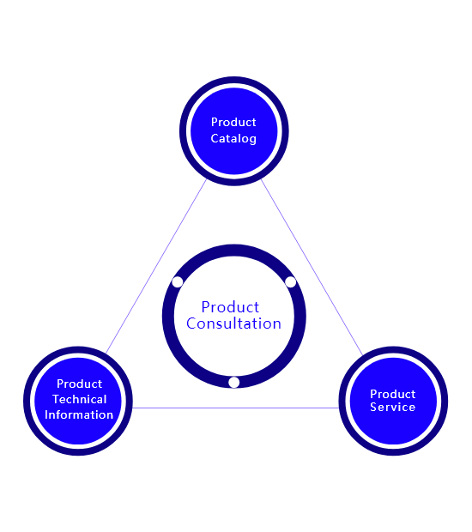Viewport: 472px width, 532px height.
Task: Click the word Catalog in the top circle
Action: (233, 138)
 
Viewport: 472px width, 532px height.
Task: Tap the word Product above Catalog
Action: (233, 122)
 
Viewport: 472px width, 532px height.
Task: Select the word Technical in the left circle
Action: (80, 399)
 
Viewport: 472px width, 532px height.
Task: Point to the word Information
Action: (79, 414)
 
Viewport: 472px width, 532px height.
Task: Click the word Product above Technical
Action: (80, 384)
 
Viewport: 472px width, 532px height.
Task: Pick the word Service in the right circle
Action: (392, 407)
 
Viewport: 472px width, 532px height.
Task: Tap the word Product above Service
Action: (392, 394)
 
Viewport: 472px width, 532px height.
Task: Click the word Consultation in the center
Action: (233, 323)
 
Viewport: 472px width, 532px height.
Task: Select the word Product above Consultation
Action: (230, 307)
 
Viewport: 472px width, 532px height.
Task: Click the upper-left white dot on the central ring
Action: (177, 281)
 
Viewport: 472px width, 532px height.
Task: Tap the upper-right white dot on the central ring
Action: (290, 281)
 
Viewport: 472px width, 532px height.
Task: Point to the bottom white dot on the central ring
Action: (233, 382)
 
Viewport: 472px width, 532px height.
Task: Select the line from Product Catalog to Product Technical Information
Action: (155, 267)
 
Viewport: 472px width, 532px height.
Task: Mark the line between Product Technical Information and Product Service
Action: (235, 408)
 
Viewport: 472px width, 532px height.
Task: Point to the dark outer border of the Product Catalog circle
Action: (233, 80)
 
